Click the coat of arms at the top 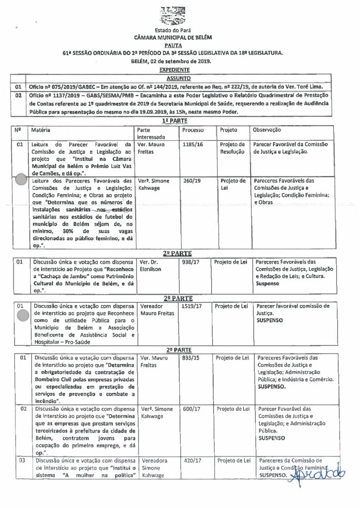pos(180,13)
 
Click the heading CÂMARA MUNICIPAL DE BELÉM pos(180,38)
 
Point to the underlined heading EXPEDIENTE pos(180,71)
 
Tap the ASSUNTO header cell pos(180,78)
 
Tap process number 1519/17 pos(192,306)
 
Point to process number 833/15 pos(191,358)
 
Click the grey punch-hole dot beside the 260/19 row pos(20,181)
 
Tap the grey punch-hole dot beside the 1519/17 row pos(21,314)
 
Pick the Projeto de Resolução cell pos(232,148)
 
